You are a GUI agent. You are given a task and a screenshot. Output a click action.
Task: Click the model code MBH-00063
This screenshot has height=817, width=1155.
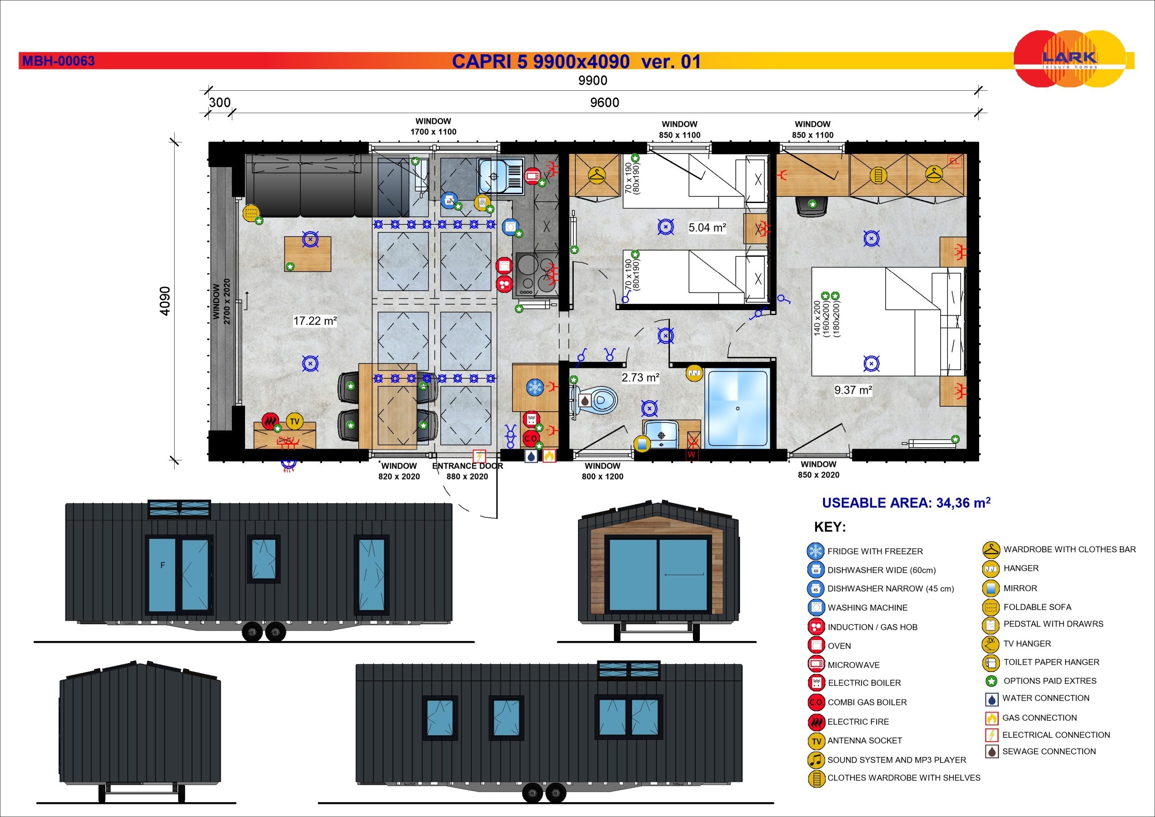tap(58, 61)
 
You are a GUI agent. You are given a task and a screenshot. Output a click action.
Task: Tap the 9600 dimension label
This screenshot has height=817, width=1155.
tap(604, 103)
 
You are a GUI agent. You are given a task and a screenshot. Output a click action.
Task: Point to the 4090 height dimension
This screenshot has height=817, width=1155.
tap(165, 301)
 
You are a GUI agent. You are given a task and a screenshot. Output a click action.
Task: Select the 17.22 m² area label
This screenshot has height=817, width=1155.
tap(315, 320)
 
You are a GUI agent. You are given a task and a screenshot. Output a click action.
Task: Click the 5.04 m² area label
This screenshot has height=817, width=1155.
tap(707, 227)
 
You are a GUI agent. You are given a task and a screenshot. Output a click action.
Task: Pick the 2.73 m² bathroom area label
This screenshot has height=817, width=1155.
tap(640, 377)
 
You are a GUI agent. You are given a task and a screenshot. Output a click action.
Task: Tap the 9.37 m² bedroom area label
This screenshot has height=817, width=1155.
tap(853, 390)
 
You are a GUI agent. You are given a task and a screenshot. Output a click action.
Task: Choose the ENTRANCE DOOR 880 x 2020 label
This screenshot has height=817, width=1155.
tap(467, 471)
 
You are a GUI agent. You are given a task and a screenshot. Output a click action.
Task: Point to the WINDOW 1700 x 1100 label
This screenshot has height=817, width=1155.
tap(433, 126)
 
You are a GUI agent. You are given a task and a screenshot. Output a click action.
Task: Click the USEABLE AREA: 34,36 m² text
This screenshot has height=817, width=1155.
tap(906, 502)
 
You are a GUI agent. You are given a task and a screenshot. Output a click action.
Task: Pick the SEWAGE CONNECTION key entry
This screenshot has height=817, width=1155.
tap(1040, 752)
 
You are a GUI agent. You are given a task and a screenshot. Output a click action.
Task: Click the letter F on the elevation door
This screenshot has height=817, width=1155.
tap(162, 565)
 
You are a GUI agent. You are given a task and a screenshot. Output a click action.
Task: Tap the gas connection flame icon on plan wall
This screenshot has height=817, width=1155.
tap(548, 455)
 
